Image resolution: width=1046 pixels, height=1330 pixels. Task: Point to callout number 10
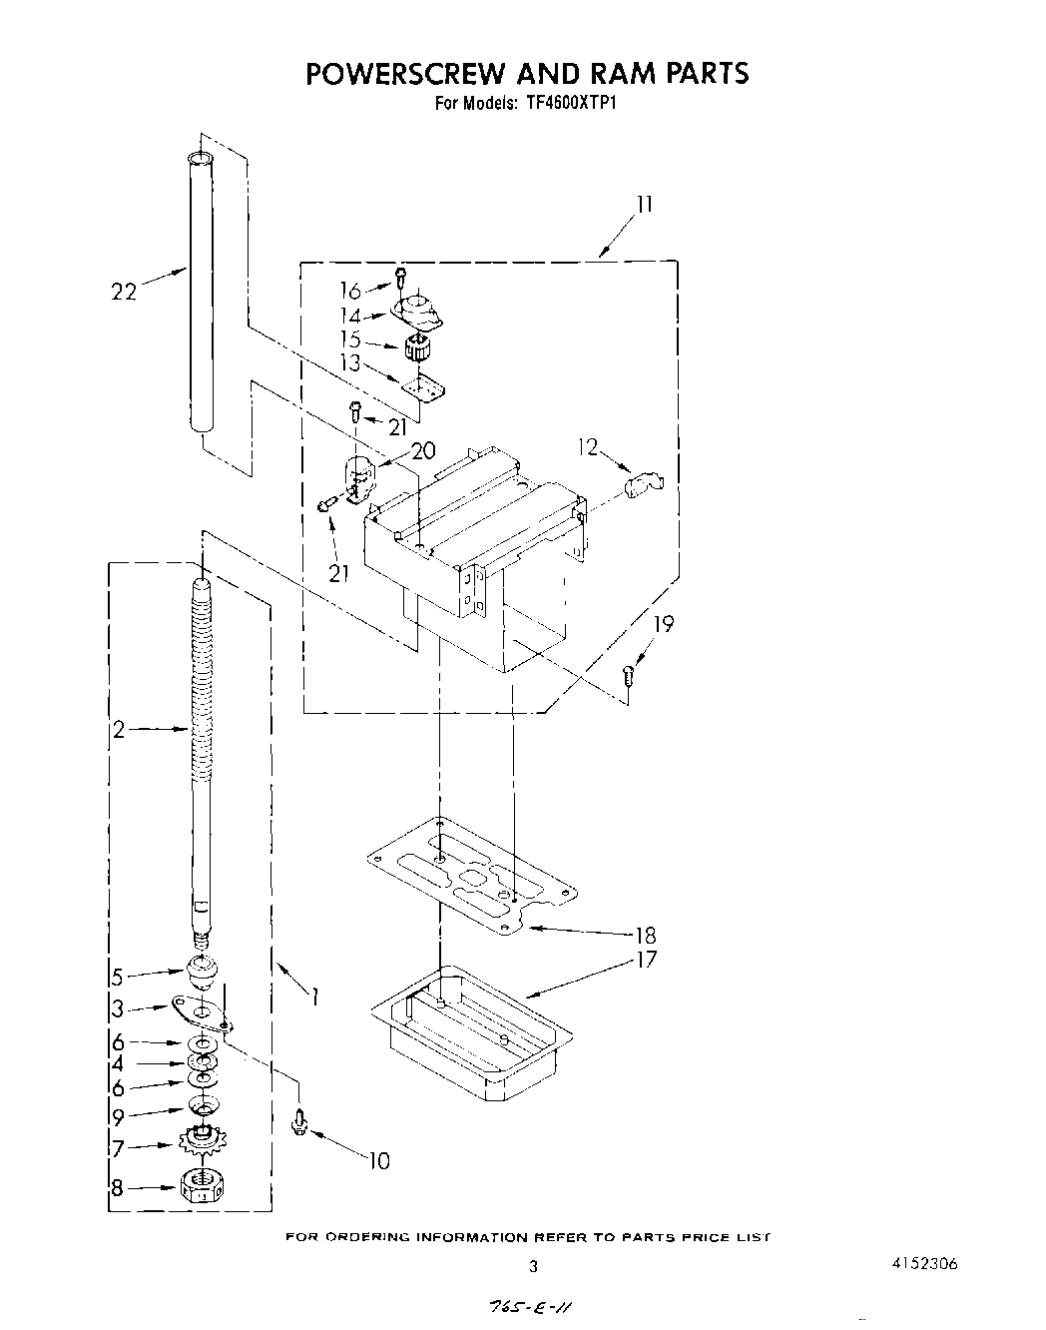pyautogui.click(x=379, y=1160)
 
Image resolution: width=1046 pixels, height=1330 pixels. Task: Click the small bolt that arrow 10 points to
pyautogui.click(x=297, y=1124)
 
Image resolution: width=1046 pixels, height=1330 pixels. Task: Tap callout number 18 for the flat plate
pyautogui.click(x=645, y=936)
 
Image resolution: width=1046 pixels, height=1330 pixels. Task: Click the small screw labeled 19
pyautogui.click(x=628, y=675)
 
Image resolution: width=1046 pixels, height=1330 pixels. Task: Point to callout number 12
pyautogui.click(x=588, y=448)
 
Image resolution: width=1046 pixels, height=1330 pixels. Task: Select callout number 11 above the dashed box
pyautogui.click(x=645, y=205)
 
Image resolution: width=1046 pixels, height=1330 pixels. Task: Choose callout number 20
pyautogui.click(x=423, y=450)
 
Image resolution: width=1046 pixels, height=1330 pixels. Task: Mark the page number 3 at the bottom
pyautogui.click(x=533, y=1267)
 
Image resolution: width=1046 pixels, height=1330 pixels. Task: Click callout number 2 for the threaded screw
pyautogui.click(x=118, y=730)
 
